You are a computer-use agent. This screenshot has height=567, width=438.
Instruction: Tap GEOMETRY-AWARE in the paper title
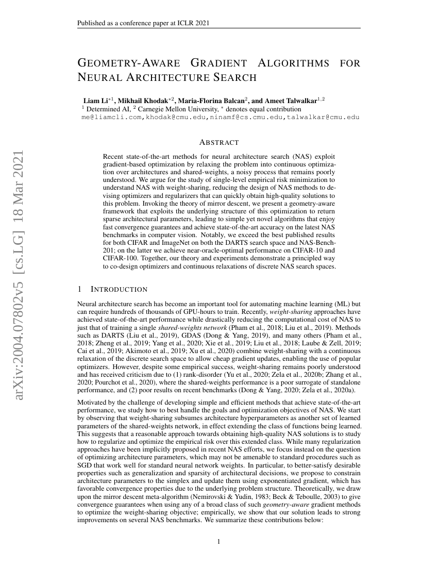click(x=128, y=63)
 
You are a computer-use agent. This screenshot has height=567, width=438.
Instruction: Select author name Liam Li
click(x=97, y=100)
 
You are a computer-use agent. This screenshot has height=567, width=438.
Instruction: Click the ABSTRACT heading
click(x=218, y=142)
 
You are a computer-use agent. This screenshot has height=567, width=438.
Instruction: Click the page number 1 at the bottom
click(x=219, y=542)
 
